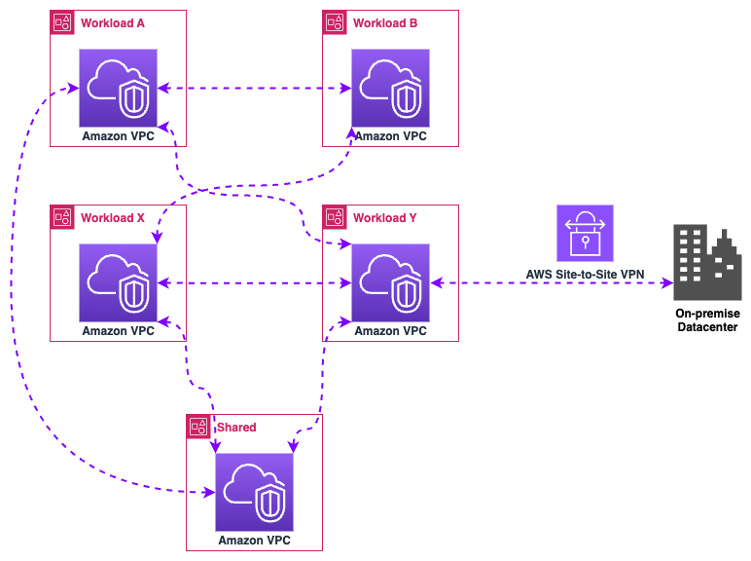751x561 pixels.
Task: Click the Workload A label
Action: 113,22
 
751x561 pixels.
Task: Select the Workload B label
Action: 385,22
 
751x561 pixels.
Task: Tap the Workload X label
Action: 113,217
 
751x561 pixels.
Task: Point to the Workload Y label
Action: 385,217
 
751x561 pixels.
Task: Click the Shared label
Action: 236,427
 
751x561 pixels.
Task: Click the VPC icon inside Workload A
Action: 118,89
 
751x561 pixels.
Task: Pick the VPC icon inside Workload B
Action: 390,89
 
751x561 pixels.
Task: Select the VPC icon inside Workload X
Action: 118,283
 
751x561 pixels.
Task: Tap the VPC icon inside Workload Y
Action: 390,283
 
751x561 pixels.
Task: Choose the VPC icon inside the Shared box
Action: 254,492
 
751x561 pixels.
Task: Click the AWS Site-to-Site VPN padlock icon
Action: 585,233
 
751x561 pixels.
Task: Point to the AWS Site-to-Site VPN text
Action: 585,275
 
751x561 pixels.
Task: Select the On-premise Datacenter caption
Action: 707,320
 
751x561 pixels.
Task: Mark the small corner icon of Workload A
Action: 61,21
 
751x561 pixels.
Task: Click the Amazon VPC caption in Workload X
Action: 118,331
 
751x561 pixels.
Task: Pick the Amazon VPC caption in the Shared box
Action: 254,540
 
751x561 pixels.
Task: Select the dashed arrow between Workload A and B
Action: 254,89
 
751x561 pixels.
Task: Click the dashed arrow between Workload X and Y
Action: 254,283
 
